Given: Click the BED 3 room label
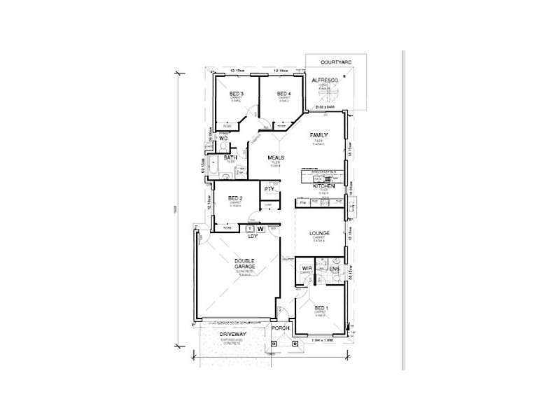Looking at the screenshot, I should [237, 94].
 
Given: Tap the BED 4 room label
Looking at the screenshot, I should [283, 94].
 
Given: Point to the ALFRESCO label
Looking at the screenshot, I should [325, 81].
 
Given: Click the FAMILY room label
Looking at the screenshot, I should [319, 134].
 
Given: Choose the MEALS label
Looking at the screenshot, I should [275, 158].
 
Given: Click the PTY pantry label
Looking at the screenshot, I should [269, 190].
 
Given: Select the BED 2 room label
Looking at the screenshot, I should [235, 198].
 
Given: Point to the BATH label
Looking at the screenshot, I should [230, 158].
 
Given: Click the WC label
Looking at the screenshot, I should [223, 139].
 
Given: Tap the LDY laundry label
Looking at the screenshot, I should [253, 236].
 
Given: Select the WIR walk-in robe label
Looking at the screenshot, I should [306, 268].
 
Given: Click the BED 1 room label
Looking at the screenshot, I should [321, 308].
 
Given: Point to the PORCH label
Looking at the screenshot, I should [281, 328].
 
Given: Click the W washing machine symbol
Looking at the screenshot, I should [260, 228].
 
